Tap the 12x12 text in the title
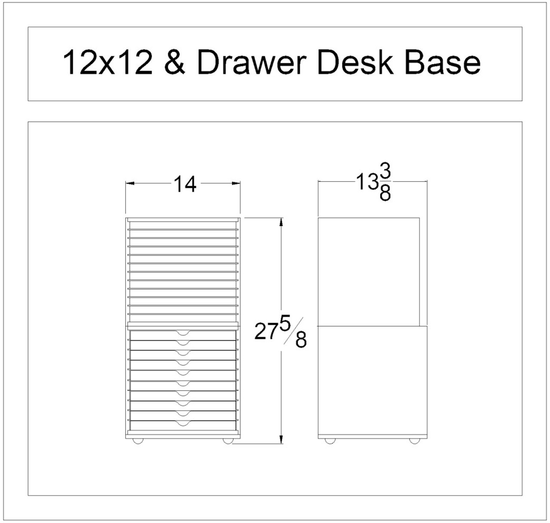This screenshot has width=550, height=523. coord(108,63)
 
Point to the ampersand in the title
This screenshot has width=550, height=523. coord(174,63)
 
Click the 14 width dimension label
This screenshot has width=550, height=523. coord(185,184)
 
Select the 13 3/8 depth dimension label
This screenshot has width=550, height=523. coord(373,184)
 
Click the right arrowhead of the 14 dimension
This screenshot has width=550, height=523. coord(236,184)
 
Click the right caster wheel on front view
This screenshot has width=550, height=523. coord(228,441)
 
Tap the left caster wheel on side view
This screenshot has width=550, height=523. coord(330,441)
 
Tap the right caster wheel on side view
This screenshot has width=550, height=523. coord(414,441)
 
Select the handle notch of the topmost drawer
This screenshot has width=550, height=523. coord(183,333)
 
